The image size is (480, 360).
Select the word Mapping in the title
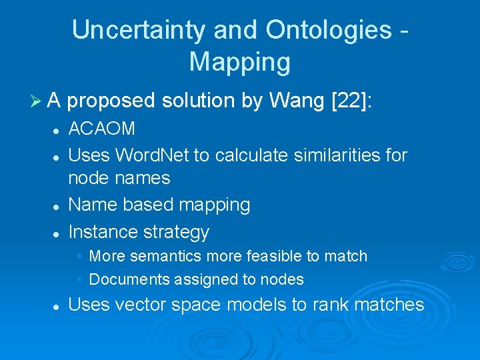coord(240,62)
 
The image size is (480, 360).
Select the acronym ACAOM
coord(102,129)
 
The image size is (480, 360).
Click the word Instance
coord(102,232)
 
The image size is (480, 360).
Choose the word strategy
coord(175,233)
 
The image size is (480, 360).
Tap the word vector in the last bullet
coord(140,305)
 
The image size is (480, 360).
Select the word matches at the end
coord(389,305)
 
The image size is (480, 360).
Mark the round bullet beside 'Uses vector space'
coord(58,306)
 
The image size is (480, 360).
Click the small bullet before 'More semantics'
coord(79,257)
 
